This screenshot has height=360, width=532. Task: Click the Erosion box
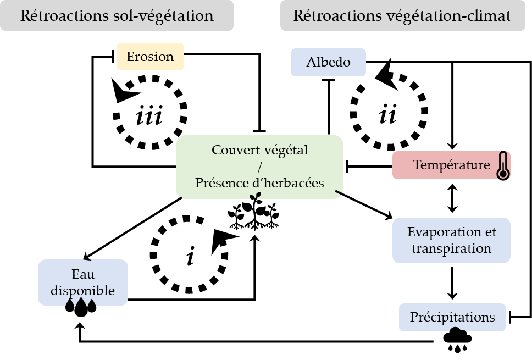pos(150,57)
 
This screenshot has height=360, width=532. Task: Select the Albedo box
pos(329,62)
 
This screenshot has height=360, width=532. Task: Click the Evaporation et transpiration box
pos(451,240)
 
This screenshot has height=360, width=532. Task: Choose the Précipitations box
pos(452,317)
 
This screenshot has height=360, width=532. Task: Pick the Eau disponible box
pos(82,283)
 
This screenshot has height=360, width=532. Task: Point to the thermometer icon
pos(502,166)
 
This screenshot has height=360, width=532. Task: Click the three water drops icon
pos(81,307)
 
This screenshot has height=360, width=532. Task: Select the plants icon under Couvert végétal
pos(254,214)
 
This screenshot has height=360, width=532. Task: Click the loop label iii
pos(149,116)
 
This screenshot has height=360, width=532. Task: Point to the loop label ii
pos(387,115)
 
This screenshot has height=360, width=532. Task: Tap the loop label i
pos(190,258)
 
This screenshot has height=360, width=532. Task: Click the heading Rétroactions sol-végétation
pos(117,16)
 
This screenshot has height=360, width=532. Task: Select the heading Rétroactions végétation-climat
pos(402,16)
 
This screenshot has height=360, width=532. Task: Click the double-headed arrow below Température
pos(452,198)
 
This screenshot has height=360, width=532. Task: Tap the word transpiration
pos(451,248)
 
